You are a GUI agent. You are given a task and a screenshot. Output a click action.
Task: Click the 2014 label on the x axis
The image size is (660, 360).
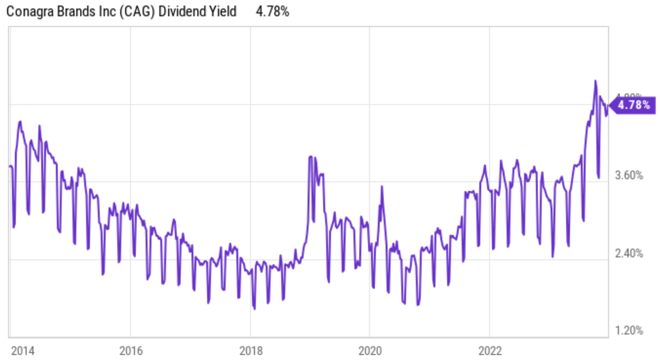(23, 350)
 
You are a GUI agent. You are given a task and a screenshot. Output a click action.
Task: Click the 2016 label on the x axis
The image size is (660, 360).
(131, 350)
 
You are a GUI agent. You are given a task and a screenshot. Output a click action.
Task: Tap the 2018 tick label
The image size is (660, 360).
(251, 350)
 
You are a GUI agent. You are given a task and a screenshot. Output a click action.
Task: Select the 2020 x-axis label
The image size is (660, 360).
(370, 350)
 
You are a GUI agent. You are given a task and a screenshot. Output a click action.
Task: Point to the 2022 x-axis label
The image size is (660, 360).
(490, 350)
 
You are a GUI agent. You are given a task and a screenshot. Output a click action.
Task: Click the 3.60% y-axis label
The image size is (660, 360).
(629, 175)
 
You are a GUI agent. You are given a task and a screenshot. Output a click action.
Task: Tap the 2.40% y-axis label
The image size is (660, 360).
(629, 253)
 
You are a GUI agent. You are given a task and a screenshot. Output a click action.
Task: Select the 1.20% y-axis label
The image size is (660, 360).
(629, 331)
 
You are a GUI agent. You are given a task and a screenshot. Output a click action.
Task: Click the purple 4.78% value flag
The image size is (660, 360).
(633, 105)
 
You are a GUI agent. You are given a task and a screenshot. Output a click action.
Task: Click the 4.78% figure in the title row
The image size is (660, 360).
(272, 11)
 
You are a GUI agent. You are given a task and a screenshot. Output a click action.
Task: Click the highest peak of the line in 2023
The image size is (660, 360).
(595, 81)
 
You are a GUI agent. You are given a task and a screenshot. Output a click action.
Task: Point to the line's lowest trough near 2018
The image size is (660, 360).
(254, 309)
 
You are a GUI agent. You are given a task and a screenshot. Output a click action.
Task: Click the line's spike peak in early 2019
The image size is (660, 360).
(310, 157)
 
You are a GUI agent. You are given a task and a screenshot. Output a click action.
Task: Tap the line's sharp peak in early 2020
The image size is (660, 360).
(382, 187)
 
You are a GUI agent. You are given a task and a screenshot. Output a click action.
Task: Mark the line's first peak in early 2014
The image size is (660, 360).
(20, 122)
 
